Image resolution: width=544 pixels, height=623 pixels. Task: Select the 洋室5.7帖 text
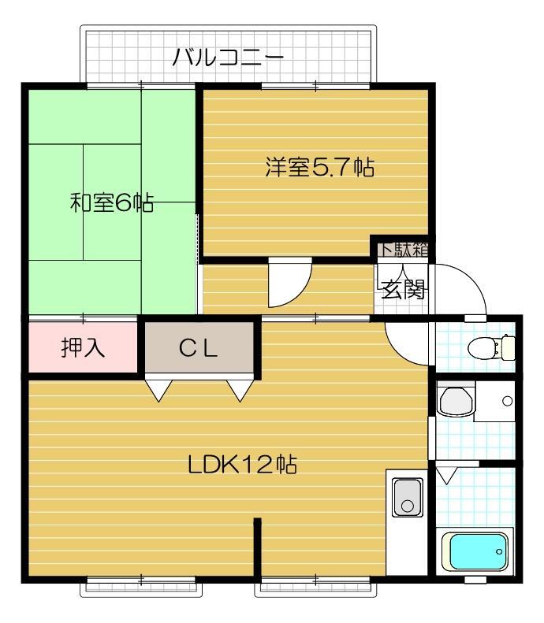(x=319, y=168)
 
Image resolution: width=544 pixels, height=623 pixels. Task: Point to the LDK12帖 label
(x=241, y=464)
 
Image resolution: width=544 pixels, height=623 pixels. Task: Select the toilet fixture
(x=491, y=346)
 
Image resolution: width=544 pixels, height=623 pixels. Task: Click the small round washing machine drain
(x=506, y=402)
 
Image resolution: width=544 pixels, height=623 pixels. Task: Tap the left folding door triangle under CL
(x=158, y=390)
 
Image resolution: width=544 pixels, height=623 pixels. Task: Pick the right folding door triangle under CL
(x=240, y=390)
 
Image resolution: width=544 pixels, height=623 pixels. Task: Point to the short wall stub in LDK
(x=257, y=548)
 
